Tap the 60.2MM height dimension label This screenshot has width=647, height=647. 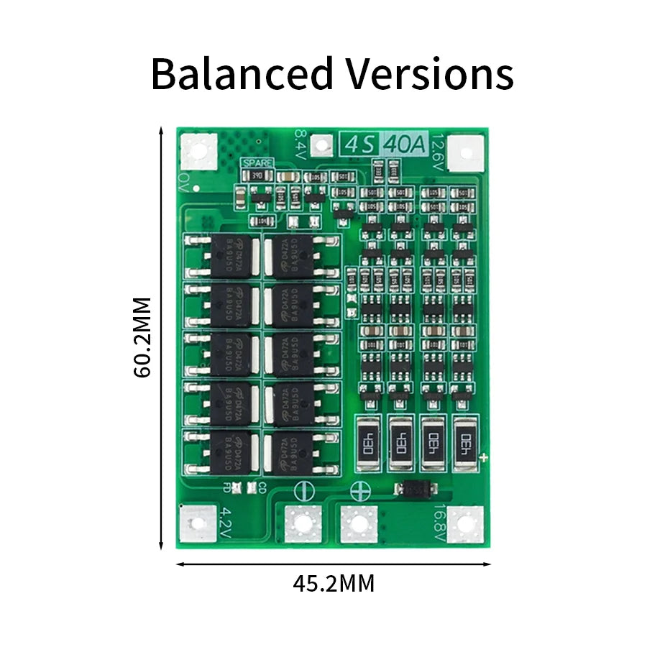click(143, 337)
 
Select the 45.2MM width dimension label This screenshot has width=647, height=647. click(334, 584)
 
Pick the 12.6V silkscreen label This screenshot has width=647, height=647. click(438, 150)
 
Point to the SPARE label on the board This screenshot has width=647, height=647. click(257, 163)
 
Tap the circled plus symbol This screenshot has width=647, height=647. click(359, 492)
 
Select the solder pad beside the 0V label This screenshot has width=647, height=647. click(198, 152)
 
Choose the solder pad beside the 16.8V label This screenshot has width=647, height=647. click(465, 525)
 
